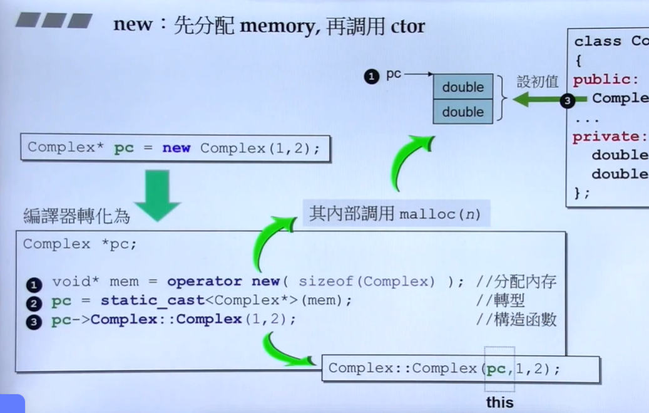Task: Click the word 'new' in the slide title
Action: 132,25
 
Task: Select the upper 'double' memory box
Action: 463,87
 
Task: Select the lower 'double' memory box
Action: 463,112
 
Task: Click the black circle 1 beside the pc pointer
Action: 372,77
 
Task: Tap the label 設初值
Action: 537,82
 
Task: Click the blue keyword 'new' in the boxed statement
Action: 176,149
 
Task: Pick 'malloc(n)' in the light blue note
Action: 440,214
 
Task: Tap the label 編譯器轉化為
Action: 76,216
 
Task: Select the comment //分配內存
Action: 516,282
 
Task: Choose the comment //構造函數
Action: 516,320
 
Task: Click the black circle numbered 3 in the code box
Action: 34,322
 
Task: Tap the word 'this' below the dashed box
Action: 499,402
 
